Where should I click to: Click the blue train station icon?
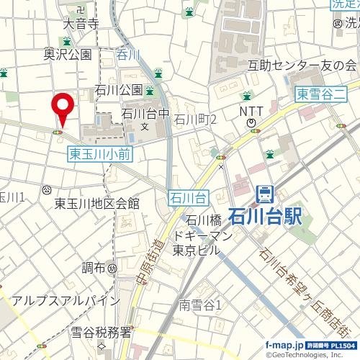click(x=264, y=194)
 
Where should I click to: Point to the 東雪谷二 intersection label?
click(x=321, y=94)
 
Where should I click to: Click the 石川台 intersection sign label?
click(x=189, y=196)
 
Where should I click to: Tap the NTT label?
click(x=251, y=112)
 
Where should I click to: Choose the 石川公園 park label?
click(x=118, y=90)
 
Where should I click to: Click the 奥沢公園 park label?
click(x=68, y=54)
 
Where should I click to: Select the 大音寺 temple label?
click(x=81, y=24)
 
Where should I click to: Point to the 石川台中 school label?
click(x=145, y=113)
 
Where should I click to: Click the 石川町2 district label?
click(x=197, y=119)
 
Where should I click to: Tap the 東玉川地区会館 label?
click(x=96, y=204)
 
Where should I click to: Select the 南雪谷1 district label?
click(x=200, y=305)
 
